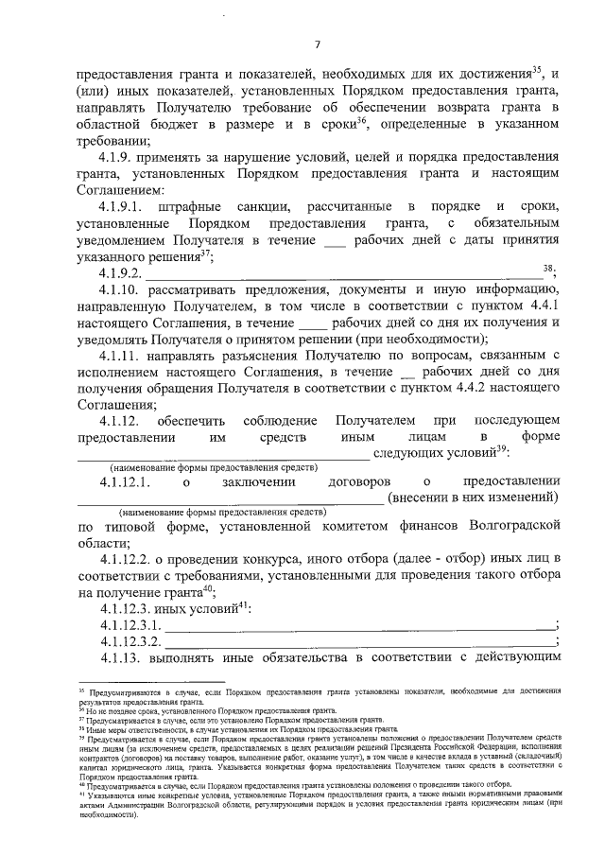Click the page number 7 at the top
318,44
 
